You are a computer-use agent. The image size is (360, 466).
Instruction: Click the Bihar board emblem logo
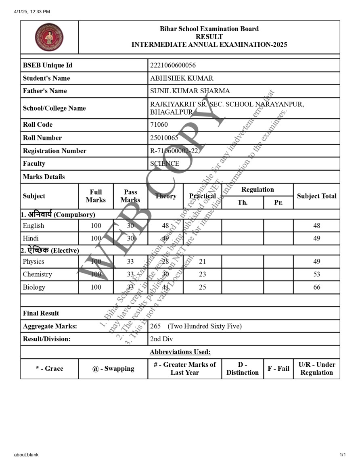[49, 37]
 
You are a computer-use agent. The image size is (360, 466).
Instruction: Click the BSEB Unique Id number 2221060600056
[173, 65]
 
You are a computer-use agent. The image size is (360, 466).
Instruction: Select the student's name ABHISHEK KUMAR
[182, 78]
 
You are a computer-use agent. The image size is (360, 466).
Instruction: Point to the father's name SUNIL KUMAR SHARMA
[190, 91]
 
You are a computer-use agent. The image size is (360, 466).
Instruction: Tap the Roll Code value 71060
[159, 125]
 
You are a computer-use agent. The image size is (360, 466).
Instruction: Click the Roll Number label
[42, 138]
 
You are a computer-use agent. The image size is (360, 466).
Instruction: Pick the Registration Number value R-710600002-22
[174, 151]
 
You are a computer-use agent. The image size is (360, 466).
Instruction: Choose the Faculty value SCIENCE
[165, 163]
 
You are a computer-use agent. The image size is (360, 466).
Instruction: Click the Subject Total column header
[316, 196]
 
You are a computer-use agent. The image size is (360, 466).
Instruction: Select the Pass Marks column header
[130, 196]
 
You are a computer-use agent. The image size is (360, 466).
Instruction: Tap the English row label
[33, 226]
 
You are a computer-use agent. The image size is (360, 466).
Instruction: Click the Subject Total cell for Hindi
[316, 238]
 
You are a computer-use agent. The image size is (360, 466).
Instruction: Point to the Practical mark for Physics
[202, 261]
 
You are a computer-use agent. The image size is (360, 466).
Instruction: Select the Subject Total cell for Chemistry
[316, 274]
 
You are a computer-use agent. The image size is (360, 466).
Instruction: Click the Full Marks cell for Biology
[96, 287]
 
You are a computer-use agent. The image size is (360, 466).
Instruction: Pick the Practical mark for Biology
[202, 287]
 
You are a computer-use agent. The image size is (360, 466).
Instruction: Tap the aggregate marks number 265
[155, 326]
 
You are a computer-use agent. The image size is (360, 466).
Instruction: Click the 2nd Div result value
[161, 339]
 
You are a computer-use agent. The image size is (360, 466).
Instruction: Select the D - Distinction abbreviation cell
[242, 368]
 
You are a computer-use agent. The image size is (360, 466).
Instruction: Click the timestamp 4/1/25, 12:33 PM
[32, 12]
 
